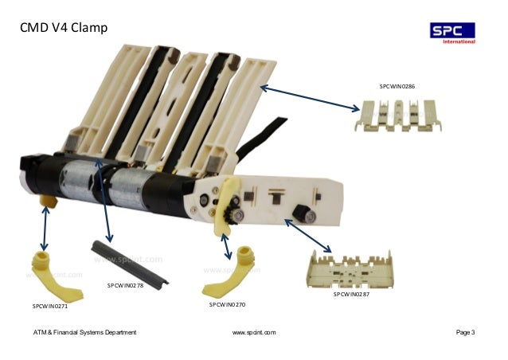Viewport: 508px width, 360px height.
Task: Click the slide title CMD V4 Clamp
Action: [x=64, y=30]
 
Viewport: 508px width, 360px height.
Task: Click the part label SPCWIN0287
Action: [x=351, y=295]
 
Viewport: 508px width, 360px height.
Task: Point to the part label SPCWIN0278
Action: [x=125, y=285]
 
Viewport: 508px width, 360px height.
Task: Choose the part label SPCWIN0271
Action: [x=50, y=306]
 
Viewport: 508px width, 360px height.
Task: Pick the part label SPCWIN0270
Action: [x=227, y=304]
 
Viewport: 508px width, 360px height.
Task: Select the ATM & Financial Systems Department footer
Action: [x=84, y=331]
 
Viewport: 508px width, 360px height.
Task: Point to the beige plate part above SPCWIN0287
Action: [x=350, y=268]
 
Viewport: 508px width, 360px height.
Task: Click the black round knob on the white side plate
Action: [x=303, y=211]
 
